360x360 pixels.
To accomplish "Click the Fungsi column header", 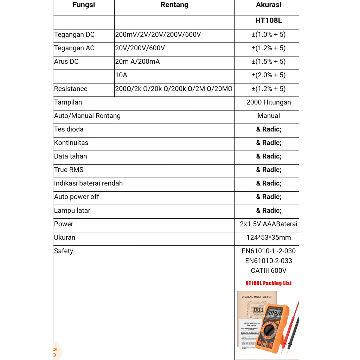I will pos(84,5).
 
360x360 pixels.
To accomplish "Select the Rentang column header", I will pos(174,5).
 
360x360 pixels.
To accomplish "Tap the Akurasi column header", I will pos(269,5).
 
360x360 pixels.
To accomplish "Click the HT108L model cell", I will pos(269,20).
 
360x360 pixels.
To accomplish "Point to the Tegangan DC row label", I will pos(74,34).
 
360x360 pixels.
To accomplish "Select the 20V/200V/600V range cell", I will pos(140,48).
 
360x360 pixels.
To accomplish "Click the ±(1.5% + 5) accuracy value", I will pos(269,62).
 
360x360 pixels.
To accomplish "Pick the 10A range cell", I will pos(121,75).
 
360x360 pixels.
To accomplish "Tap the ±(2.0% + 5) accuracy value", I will pos(269,75).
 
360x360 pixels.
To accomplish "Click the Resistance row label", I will pos(71,89).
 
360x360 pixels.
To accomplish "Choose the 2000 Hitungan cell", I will pos(269,102).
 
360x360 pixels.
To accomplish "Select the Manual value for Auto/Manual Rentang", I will pos(269,116).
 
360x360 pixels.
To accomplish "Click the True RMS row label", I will pos(69,170).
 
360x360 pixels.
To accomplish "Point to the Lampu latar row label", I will pos(72,211).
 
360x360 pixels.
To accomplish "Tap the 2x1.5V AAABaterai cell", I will pos(269,224).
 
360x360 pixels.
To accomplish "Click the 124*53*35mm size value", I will pos(269,238).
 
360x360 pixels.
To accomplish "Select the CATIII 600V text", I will pos(269,271).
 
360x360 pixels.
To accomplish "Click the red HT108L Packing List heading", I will pos(269,283).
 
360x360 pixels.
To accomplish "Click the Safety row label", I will pos(64,251).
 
